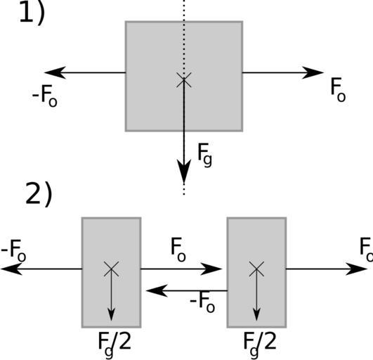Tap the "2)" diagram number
(39, 193)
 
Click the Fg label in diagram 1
(204, 155)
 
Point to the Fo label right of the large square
(339, 90)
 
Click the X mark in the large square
(183, 79)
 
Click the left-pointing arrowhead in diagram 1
(55, 72)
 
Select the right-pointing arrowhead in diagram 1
(313, 72)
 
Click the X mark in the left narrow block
(111, 269)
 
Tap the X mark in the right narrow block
(256, 269)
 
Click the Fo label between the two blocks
(178, 250)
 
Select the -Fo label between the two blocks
(202, 302)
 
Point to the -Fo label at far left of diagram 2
(13, 251)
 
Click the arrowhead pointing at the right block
(211, 269)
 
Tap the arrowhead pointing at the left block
(157, 290)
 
